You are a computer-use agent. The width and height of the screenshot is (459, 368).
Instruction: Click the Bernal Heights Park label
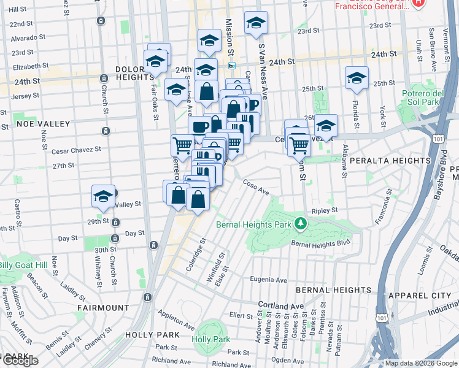pos(253,224)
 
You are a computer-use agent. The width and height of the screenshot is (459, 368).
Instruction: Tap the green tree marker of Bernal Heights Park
pos(299,222)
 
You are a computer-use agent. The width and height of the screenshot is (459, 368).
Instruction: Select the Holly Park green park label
pos(210,339)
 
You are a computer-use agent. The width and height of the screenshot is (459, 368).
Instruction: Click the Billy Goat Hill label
pos(23,264)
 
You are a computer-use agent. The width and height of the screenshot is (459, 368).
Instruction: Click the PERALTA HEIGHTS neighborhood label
pos(390,161)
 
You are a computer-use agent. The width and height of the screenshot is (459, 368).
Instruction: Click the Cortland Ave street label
pos(281,305)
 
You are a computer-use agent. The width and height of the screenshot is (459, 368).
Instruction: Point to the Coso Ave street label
pos(256,186)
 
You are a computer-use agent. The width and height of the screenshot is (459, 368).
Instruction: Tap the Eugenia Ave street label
pos(268,280)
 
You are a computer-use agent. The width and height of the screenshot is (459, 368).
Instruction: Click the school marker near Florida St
pos(357,78)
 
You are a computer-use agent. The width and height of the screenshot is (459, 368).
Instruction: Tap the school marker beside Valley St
pos(104,196)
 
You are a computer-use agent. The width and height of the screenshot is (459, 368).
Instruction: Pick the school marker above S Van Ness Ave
pos(256,23)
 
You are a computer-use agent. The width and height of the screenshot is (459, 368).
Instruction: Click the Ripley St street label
pos(325,210)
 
